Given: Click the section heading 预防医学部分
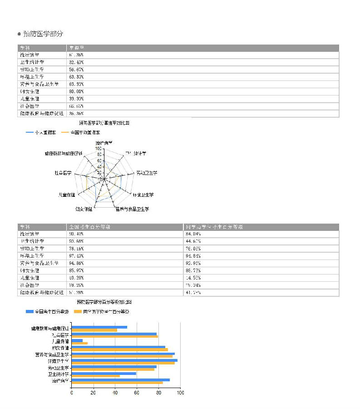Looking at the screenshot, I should tap(43, 34).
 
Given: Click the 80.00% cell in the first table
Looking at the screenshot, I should tap(76, 91).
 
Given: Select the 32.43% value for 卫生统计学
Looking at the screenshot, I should tap(76, 62).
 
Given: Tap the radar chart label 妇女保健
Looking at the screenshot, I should tap(84, 209).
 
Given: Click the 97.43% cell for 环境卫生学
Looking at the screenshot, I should tap(76, 256).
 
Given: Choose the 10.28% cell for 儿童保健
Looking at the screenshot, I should tap(76, 278).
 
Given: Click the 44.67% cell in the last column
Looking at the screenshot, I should tap(194, 241).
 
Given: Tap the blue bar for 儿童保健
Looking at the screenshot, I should tap(77, 340).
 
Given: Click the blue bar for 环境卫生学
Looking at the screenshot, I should tap(124, 360).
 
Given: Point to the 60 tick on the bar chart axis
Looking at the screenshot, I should tap(137, 393).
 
